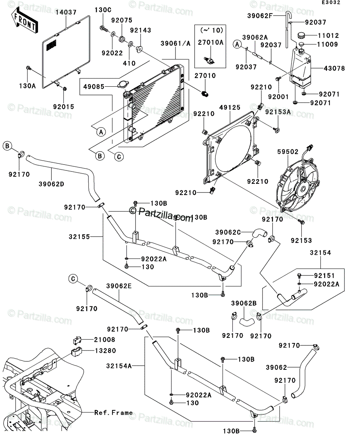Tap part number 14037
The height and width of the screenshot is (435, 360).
coord(66,12)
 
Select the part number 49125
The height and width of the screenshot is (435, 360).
coord(230,107)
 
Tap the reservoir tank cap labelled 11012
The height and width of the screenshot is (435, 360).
coord(301,35)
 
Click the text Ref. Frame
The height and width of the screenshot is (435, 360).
coord(113,413)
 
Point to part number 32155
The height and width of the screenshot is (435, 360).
coord(79,236)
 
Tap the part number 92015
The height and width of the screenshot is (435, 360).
coord(63,107)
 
